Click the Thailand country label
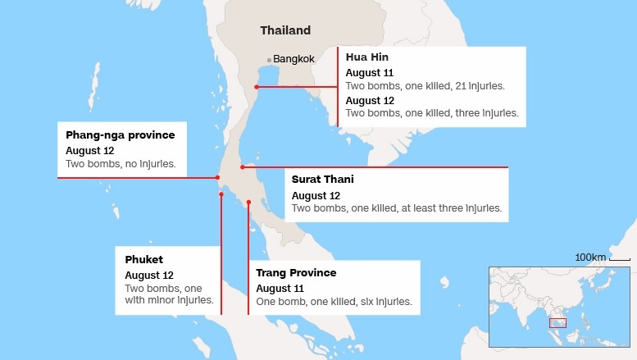coord(285,30)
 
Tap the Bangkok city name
coord(293,59)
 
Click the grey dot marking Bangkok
coord(269,59)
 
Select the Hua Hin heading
coord(366,57)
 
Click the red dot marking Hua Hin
coord(257,86)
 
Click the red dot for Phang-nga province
coord(217,177)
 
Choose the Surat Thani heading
coord(323,179)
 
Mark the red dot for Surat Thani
coord(242,167)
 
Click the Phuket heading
coord(143,259)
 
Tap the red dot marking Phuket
coord(221,194)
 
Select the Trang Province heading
coord(296,272)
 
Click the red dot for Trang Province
coord(248,202)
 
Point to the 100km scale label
coord(590,257)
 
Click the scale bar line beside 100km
coord(620,260)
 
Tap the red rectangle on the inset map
coord(557,323)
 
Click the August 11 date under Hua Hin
coord(370,73)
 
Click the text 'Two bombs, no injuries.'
coord(121,164)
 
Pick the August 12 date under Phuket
coord(149,275)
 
